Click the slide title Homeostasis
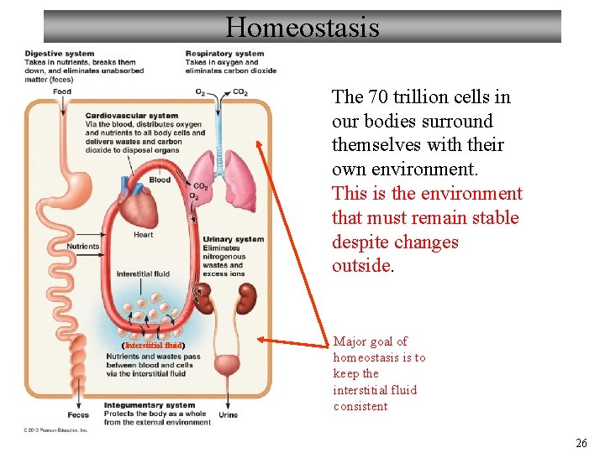302,28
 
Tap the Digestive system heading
60,55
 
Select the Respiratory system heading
224,55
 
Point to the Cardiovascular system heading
132,116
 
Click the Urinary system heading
233,240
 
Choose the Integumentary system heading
150,406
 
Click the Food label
61,91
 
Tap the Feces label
77,415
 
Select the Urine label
228,415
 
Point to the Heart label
143,235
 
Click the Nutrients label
83,247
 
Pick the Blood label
160,180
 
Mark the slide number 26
581,443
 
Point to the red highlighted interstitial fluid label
153,345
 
